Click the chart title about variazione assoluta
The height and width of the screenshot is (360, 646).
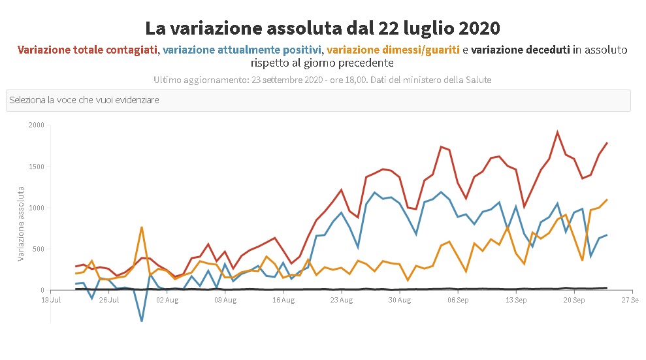pyautogui.click(x=323, y=29)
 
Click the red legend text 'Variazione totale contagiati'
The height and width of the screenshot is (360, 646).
pyautogui.click(x=87, y=50)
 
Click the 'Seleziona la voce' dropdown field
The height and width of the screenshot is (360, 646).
pyautogui.click(x=318, y=101)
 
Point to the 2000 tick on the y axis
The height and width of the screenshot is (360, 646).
pyautogui.click(x=36, y=125)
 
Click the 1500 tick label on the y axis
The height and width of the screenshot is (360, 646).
pyautogui.click(x=36, y=167)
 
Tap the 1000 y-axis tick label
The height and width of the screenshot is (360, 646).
pyautogui.click(x=36, y=208)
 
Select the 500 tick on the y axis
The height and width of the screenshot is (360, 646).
pyautogui.click(x=38, y=249)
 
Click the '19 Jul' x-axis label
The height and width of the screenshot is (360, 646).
pyautogui.click(x=51, y=301)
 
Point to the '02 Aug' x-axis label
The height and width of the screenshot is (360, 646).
pyautogui.click(x=167, y=301)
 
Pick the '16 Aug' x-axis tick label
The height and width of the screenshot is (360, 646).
pyautogui.click(x=283, y=301)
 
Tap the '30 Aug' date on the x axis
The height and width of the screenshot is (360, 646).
pyautogui.click(x=400, y=301)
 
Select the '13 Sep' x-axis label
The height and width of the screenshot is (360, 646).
pyautogui.click(x=516, y=301)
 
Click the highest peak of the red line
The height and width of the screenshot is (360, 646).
pyautogui.click(x=557, y=132)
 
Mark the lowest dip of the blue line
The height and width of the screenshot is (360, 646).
pyautogui.click(x=142, y=321)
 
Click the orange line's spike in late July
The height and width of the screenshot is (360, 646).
pyautogui.click(x=142, y=227)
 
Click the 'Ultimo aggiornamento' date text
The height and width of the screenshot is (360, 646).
pyautogui.click(x=323, y=80)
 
